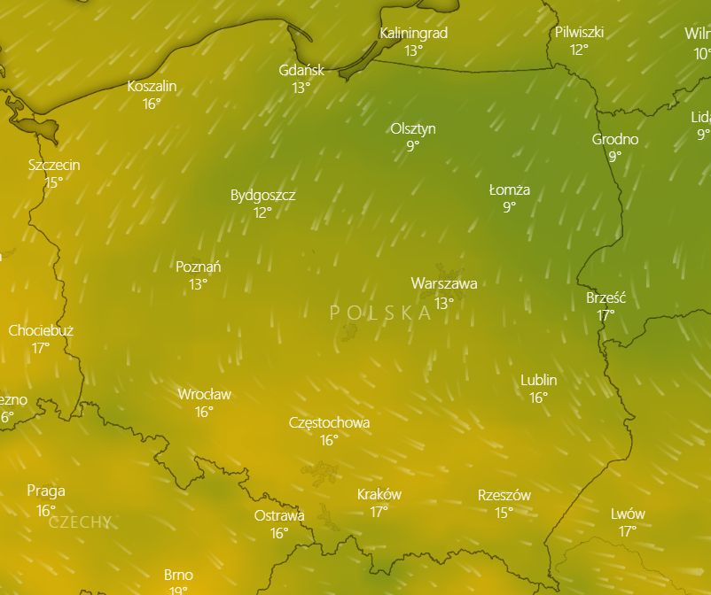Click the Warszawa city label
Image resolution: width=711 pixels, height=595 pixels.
click(x=444, y=284)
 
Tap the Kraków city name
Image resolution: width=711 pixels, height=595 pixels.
click(x=379, y=494)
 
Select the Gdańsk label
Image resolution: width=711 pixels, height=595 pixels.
click(x=301, y=70)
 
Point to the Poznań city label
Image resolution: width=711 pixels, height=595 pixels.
click(x=199, y=267)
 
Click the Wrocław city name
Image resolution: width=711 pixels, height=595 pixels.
click(x=204, y=394)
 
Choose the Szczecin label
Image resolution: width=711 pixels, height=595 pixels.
click(x=54, y=165)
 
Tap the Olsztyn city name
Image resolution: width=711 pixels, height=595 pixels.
click(x=413, y=128)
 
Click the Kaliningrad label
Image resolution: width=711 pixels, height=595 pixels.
click(x=413, y=33)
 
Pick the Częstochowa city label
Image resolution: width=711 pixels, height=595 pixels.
click(x=329, y=422)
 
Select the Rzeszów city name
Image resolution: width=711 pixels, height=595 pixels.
click(x=504, y=495)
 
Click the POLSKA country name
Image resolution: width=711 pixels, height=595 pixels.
click(x=380, y=313)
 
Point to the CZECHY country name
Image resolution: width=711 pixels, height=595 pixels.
click(x=80, y=522)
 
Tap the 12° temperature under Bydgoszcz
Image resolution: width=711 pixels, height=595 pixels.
click(x=262, y=212)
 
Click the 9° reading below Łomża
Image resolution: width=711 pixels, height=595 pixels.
click(x=509, y=207)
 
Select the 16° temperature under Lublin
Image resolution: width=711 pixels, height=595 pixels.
click(x=538, y=398)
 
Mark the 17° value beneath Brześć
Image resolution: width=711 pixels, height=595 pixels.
click(x=606, y=315)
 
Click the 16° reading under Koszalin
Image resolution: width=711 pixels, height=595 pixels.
click(x=152, y=104)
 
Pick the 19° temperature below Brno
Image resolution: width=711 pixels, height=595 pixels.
click(x=178, y=590)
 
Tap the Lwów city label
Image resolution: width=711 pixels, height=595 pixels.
click(x=628, y=514)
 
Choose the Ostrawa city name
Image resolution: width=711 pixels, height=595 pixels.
click(x=279, y=515)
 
